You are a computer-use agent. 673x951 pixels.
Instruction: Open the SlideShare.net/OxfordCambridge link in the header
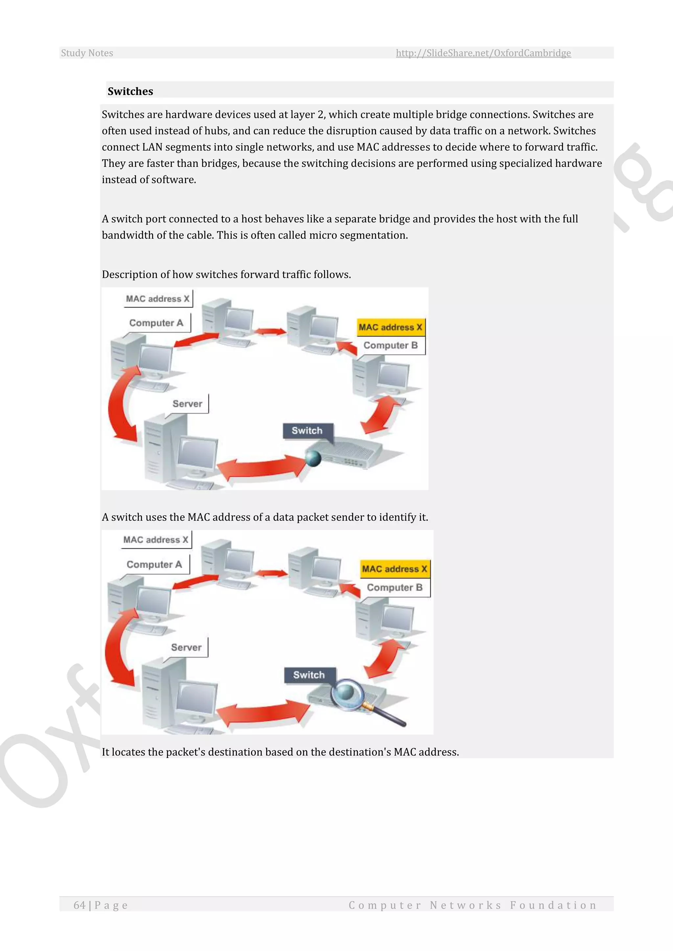click(x=483, y=53)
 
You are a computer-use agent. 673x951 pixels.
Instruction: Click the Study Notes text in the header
click(x=87, y=53)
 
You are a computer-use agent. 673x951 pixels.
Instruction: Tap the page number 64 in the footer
click(x=80, y=905)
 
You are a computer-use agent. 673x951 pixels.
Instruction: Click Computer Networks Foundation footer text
click(x=473, y=905)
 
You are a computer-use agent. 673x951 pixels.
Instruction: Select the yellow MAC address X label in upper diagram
click(x=390, y=327)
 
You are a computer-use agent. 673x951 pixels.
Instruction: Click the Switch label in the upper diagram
click(x=307, y=431)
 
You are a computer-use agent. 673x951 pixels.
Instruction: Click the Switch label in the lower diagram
click(x=309, y=675)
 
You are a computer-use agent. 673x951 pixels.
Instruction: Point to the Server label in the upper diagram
click(x=187, y=404)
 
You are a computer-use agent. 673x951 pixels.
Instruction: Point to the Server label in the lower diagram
click(x=186, y=647)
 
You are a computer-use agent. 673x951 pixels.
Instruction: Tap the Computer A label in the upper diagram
click(x=156, y=323)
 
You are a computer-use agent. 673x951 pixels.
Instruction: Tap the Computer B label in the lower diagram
click(x=395, y=587)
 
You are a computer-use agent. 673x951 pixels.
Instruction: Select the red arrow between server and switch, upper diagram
click(x=261, y=469)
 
